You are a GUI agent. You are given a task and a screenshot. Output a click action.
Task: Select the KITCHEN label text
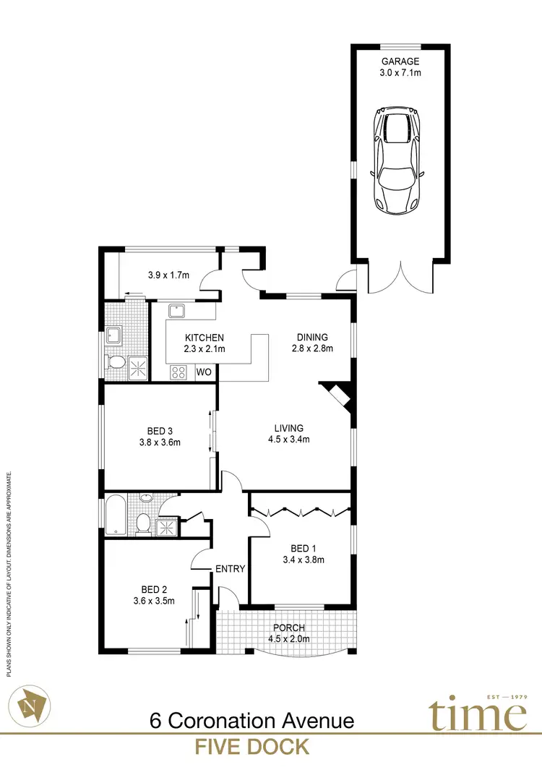205,338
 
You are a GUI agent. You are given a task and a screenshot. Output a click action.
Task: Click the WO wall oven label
205,373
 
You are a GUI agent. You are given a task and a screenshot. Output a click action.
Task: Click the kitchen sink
176,312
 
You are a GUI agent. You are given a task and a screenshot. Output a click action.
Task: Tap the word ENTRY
231,569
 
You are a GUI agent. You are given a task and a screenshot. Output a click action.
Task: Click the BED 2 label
155,588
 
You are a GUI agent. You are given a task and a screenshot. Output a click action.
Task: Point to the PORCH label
288,627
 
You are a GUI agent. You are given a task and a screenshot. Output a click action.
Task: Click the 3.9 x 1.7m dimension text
168,275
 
